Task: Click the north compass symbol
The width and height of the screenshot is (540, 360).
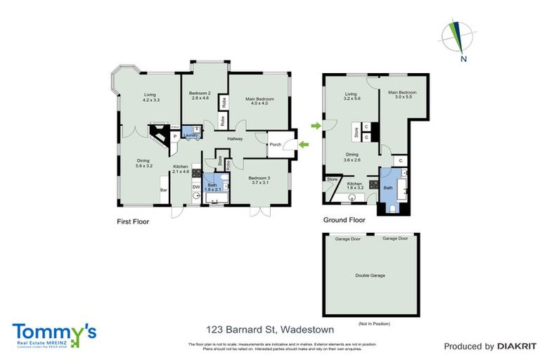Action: point(459,39)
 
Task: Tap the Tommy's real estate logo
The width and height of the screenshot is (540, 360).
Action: point(53,333)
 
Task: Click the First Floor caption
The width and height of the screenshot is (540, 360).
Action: point(132,221)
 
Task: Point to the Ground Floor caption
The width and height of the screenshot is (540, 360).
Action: point(344,219)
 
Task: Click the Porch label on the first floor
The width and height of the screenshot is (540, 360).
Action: point(275,146)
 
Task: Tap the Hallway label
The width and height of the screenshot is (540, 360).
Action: point(235,139)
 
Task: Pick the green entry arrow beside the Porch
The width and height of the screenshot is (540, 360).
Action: point(303,145)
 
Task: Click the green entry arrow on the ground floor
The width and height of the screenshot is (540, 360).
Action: point(316,126)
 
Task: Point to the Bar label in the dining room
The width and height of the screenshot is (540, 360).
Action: point(163,190)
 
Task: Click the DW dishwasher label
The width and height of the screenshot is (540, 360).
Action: point(196,187)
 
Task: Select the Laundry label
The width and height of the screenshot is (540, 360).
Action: point(190,135)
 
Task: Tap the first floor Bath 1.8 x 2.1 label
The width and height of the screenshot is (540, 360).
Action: point(213,187)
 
